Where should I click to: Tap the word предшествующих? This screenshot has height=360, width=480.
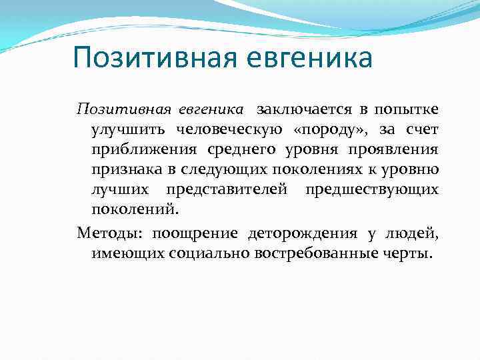point(372,190)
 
